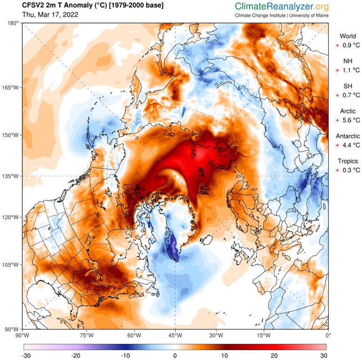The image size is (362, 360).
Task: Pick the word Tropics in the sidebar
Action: pyautogui.click(x=347, y=161)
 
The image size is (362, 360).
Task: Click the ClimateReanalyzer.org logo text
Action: pyautogui.click(x=282, y=7)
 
